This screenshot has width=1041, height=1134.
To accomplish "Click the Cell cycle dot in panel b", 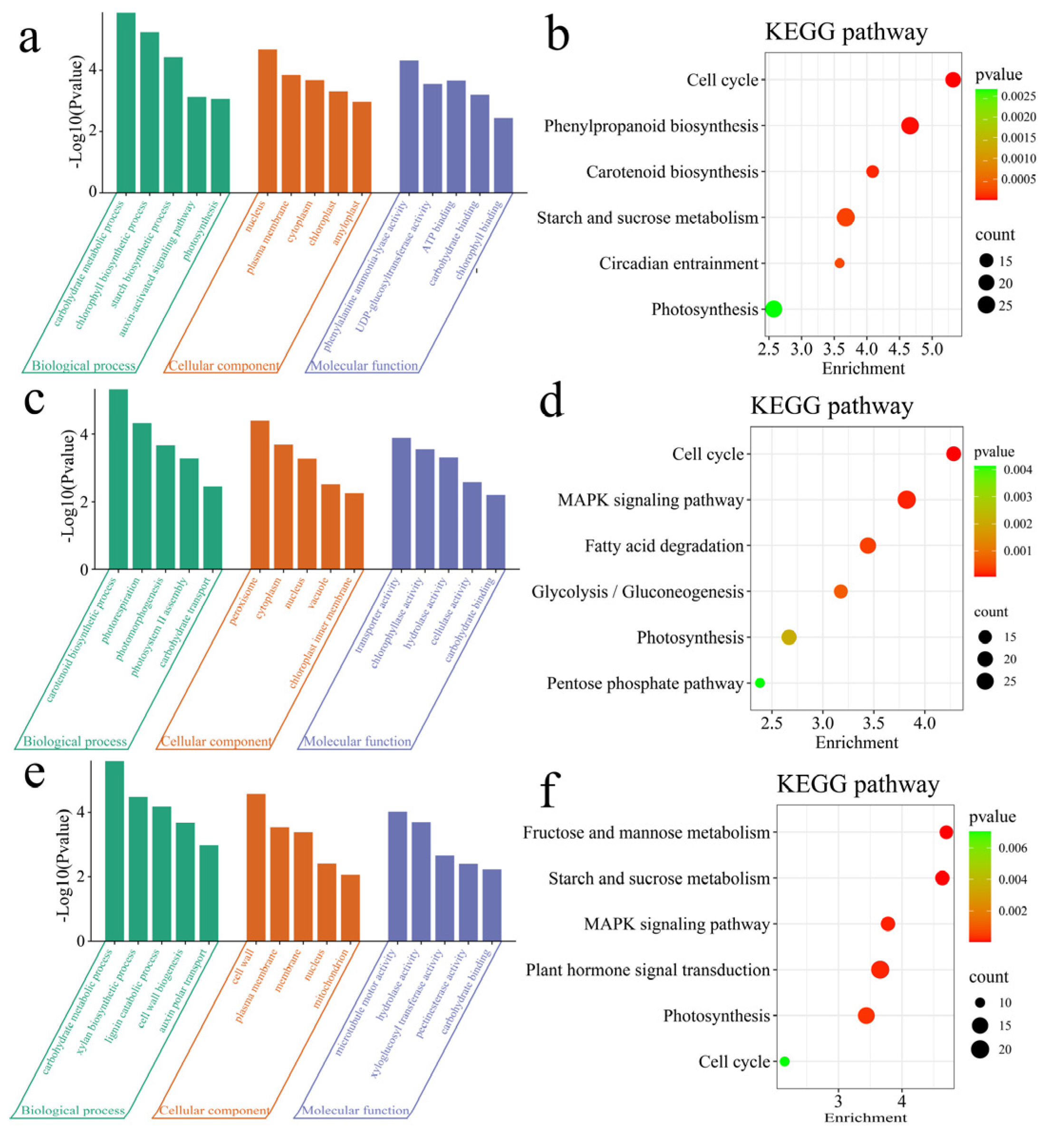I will [953, 80].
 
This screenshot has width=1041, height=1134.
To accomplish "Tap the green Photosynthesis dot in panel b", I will [774, 309].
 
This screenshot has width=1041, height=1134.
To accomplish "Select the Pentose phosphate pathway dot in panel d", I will [760, 683].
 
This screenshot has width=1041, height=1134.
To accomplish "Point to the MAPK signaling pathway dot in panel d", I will [906, 500].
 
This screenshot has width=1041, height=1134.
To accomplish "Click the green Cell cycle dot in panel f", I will [785, 1061].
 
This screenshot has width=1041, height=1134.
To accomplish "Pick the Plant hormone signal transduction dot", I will [880, 970].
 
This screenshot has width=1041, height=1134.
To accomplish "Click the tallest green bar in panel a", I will [125, 101].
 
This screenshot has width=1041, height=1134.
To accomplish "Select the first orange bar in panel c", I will [260, 494].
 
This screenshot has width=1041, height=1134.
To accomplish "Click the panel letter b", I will [558, 35].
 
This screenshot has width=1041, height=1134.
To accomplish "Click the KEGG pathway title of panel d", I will [831, 405].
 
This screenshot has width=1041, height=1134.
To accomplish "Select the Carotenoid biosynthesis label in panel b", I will [672, 172].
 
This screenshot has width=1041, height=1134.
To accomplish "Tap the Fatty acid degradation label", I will [664, 546].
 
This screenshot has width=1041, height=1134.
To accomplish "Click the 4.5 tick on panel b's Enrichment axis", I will [900, 349].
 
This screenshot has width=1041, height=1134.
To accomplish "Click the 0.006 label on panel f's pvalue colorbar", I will [1013, 848].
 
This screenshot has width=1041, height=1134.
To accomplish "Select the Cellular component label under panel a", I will [223, 366].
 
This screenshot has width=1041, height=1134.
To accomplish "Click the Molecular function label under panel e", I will [356, 1110].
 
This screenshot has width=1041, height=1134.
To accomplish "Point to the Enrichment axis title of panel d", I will [856, 742].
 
